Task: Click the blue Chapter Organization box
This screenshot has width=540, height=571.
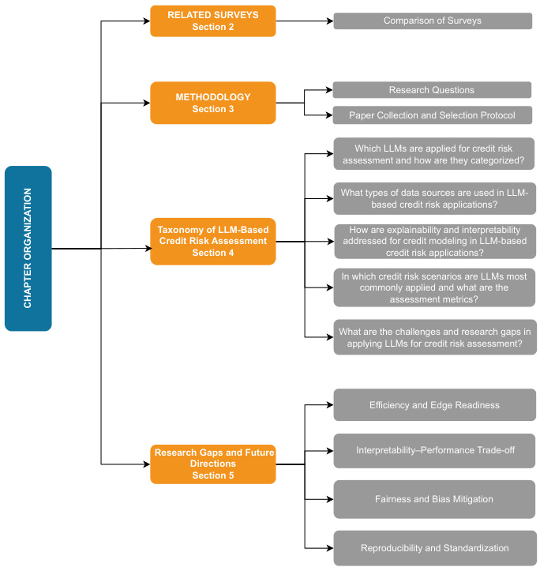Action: pos(28,248)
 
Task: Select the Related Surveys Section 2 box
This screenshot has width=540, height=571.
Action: pos(213,21)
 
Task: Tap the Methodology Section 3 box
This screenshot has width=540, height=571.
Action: pos(213,103)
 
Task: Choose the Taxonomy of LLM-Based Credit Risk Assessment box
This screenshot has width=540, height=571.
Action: pos(213,242)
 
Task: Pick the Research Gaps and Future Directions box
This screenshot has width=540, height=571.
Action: pos(213,464)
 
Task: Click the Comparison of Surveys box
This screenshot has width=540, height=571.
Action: pos(433,21)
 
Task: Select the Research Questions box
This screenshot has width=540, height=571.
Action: pos(432,90)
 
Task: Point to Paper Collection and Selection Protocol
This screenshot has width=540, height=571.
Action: pos(433,115)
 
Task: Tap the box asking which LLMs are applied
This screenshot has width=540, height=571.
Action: pos(434,154)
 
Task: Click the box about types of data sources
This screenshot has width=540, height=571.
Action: pos(435,198)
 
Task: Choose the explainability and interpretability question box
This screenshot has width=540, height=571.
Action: pos(435,242)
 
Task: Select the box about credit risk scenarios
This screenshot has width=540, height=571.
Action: pos(434,287)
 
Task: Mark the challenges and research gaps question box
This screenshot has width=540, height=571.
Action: pos(435,337)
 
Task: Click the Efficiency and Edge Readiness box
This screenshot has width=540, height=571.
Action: pos(435,405)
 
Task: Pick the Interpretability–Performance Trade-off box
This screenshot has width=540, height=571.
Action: pos(435,451)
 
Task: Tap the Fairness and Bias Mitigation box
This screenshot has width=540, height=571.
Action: pos(434,499)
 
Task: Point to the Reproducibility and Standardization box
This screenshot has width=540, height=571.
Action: pos(435,548)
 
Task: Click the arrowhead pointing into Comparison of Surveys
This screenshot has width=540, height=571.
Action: pos(330,21)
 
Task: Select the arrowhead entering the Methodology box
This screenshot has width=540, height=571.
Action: pos(147,103)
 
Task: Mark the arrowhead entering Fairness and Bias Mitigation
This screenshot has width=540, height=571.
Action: pos(330,499)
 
